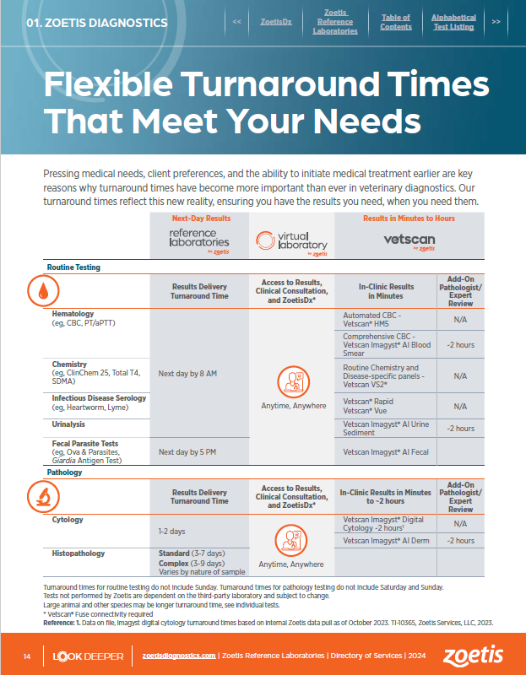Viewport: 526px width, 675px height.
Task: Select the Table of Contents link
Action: [x=395, y=22]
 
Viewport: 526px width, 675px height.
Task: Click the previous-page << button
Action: [x=237, y=22]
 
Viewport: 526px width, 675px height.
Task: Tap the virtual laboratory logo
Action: [x=291, y=243]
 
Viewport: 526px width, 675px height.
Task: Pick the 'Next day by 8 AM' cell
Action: [x=187, y=373]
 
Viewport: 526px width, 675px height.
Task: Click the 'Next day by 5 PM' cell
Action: [x=187, y=452]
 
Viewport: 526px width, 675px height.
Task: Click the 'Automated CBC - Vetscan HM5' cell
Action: [x=385, y=320]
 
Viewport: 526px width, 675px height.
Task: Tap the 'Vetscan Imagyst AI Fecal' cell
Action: [x=386, y=452]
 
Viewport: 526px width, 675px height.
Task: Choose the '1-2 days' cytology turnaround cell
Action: [x=173, y=532]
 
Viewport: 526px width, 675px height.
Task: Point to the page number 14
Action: [x=27, y=656]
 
